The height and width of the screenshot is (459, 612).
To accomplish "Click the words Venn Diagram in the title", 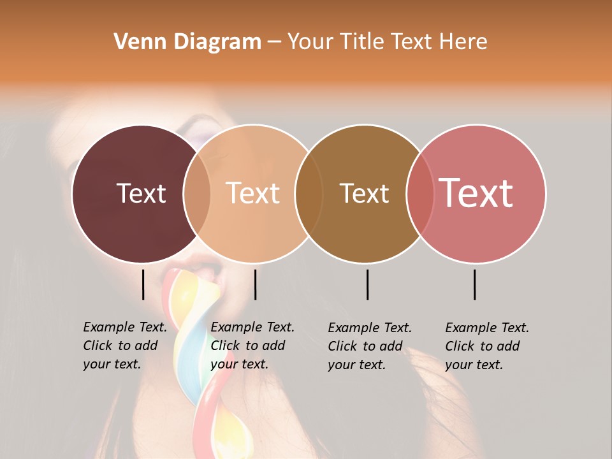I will coord(187,42).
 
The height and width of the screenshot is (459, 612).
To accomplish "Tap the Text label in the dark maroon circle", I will coord(141,193).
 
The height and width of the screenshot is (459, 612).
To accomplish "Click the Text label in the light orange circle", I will coord(253,193).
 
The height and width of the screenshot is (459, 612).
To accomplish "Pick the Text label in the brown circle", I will coord(364,193).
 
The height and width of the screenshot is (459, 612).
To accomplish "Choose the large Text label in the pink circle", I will coord(476,193).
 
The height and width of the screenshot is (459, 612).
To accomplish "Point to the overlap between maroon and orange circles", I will coord(197,193).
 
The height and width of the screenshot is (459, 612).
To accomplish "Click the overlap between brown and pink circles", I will coord(420,193).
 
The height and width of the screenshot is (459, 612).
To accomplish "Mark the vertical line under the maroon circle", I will coord(143,284).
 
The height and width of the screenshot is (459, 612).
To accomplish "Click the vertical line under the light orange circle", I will coord(255,284).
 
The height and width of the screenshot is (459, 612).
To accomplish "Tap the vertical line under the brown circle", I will coord(367,284).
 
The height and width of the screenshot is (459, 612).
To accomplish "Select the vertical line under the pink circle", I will coord(474,284).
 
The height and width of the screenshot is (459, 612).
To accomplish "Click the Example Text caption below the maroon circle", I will coord(124,346).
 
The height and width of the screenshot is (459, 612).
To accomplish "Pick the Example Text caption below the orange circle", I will coord(252,346).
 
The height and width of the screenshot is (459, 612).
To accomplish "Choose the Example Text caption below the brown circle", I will coord(369,346).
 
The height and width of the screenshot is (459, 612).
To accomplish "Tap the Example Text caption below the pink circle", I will coord(486,346).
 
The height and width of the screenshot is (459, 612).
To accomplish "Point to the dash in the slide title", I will coord(274,42).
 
